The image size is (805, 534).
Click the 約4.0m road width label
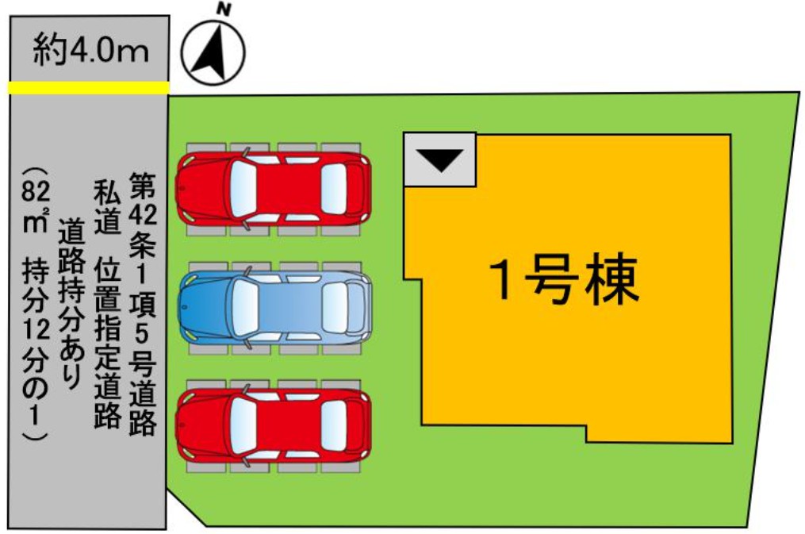tap(91, 51)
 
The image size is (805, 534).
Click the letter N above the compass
tap(222, 10)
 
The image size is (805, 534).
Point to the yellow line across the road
tap(89, 88)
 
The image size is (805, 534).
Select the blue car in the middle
tap(274, 306)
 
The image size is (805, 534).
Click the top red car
tap(273, 188)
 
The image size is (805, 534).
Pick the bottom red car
tap(273, 425)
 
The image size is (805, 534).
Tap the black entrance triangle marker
tap(440, 159)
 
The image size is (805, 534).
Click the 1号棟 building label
tap(565, 279)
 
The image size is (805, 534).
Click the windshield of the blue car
tap(245, 307)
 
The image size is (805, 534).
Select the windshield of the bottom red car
tap(244, 425)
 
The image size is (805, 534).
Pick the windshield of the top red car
tap(244, 188)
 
